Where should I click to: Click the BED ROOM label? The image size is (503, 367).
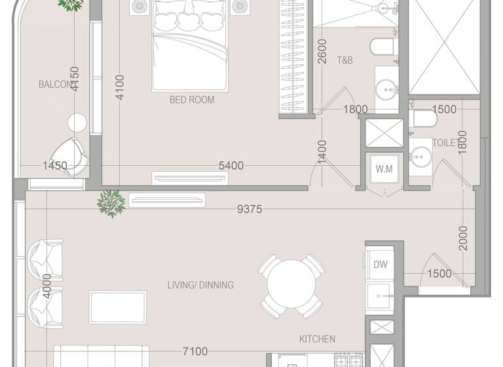[192, 100]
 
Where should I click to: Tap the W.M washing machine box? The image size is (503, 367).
[384, 170]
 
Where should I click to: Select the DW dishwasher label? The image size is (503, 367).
[381, 265]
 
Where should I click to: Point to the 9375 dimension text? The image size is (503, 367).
[250, 209]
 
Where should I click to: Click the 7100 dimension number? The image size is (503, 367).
[195, 352]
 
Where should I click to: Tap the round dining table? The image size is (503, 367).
[291, 286]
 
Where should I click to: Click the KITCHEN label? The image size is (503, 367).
[318, 339]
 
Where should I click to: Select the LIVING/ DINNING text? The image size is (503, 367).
[200, 285]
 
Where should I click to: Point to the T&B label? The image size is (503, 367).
[345, 60]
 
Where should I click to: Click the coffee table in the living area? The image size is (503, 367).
[118, 308]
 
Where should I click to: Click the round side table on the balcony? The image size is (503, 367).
[77, 122]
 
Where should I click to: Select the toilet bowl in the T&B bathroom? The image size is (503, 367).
[382, 47]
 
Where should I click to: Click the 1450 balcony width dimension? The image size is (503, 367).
[55, 166]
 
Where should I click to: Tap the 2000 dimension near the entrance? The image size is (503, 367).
[464, 239]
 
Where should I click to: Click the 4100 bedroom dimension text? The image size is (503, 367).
[119, 87]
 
